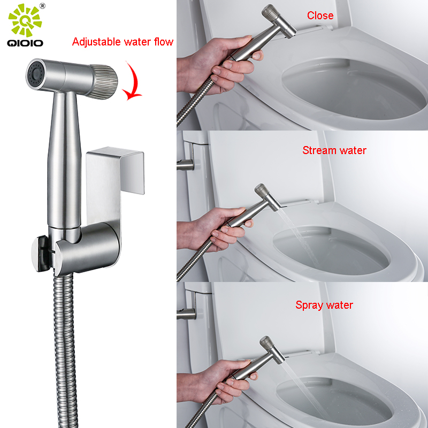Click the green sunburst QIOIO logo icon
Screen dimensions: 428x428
tap(25, 20)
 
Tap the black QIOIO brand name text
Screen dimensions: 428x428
tap(25, 43)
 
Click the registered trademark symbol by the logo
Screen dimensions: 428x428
tap(43, 6)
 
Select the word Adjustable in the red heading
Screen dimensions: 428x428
tap(96, 42)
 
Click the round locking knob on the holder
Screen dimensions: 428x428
tap(41, 254)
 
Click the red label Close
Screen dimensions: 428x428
tap(320, 16)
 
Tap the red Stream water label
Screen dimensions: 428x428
tap(334, 150)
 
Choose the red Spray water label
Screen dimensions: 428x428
tap(324, 305)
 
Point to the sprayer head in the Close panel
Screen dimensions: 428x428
tap(278, 21)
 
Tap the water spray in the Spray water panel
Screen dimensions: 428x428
tap(304, 387)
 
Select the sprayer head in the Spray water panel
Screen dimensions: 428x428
tap(272, 350)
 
